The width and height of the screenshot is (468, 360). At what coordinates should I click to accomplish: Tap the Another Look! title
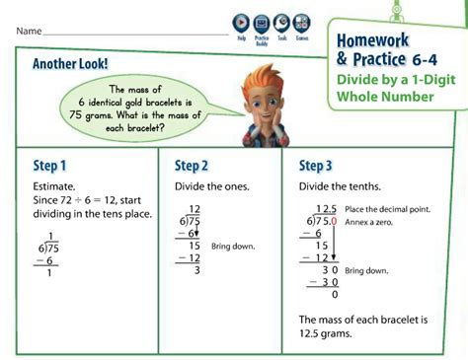click(x=71, y=64)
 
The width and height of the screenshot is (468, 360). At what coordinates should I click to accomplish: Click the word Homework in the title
click(x=372, y=40)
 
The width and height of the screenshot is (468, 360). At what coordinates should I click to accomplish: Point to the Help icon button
click(x=241, y=23)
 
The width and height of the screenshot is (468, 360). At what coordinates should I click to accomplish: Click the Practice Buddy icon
click(x=262, y=23)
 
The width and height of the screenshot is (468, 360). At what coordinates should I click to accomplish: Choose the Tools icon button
click(x=281, y=23)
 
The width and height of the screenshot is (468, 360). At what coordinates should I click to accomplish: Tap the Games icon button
click(x=301, y=23)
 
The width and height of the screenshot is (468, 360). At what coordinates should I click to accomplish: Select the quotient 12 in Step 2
click(x=195, y=209)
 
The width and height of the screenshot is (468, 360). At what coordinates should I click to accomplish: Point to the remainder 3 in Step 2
click(x=197, y=269)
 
